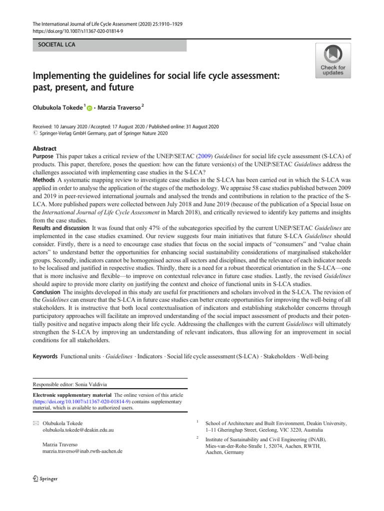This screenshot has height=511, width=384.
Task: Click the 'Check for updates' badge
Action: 332,60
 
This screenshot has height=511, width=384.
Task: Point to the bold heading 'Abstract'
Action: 44,149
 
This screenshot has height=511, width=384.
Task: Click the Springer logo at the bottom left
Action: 45,479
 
